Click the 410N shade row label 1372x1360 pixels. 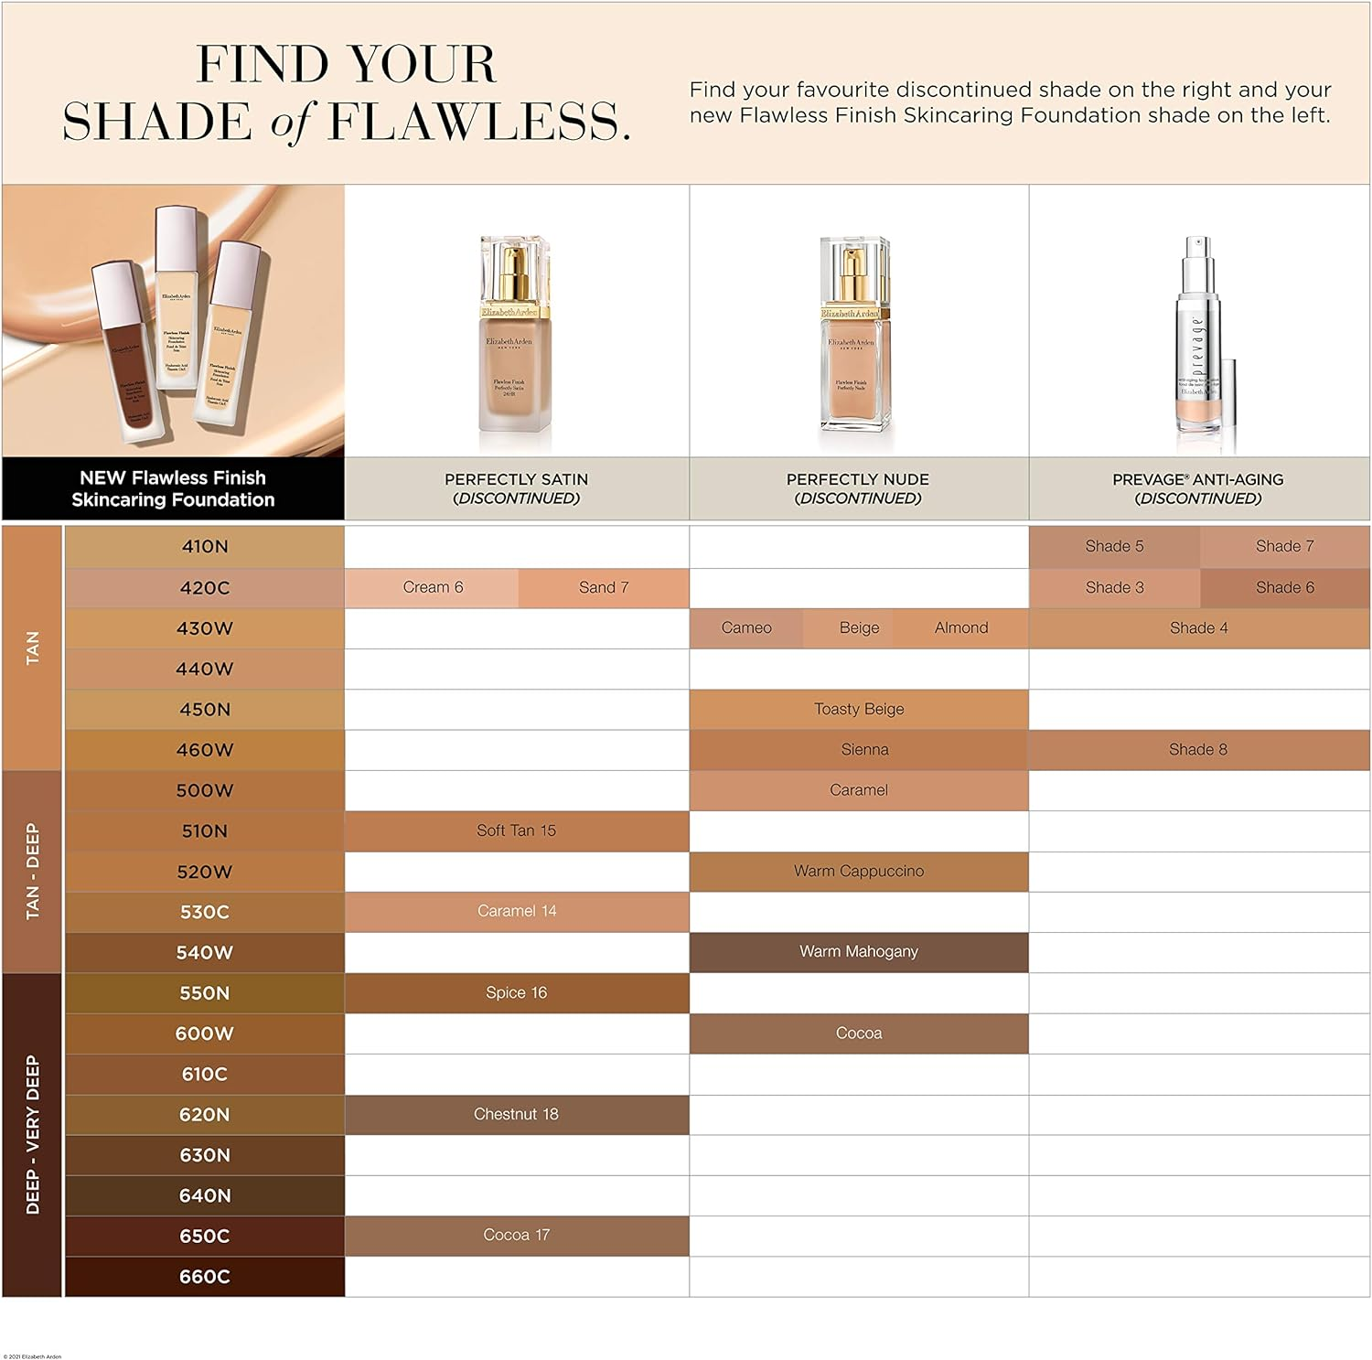point(204,547)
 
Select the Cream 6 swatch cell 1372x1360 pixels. point(433,588)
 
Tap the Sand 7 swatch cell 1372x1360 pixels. point(604,588)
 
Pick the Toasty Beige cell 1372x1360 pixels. point(859,710)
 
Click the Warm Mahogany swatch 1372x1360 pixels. point(859,952)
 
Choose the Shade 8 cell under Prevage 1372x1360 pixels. point(1198,750)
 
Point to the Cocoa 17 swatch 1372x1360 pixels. point(517,1236)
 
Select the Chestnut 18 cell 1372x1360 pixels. point(517,1115)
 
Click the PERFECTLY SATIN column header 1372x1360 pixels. point(517,488)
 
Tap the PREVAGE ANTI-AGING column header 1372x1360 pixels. point(1198,488)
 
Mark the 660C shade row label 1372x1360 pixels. point(204,1277)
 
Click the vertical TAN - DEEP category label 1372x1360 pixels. point(33,872)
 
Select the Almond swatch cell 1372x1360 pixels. point(961,628)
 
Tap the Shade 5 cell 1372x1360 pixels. point(1114,547)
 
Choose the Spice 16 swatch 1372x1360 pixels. point(517,993)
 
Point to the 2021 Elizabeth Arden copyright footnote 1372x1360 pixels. point(33,1356)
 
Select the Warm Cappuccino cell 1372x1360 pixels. point(859,872)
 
